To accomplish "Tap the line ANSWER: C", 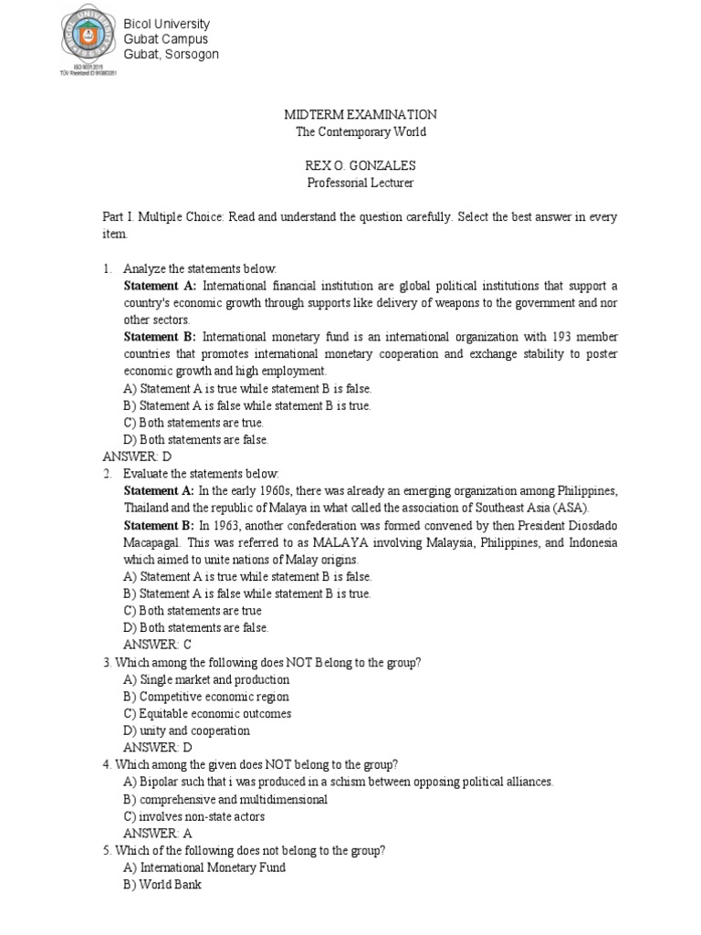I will tap(157, 644).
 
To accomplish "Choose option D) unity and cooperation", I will tap(186, 730).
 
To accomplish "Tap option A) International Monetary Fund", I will tap(204, 867).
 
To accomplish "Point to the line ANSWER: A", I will tap(157, 833).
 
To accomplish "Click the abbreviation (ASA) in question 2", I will tap(570, 508).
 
